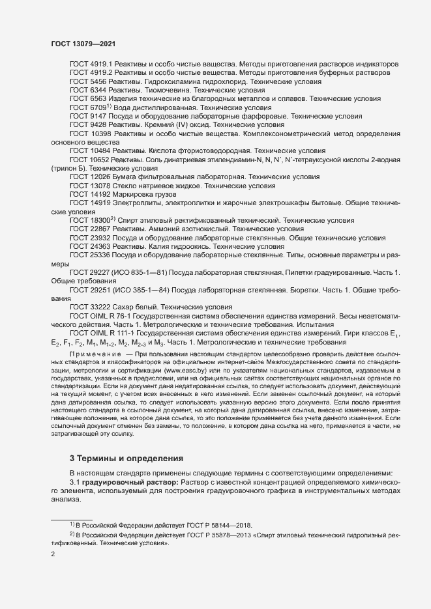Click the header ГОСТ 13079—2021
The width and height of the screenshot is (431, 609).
83,43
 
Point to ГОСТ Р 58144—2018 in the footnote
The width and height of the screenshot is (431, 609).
215,525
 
